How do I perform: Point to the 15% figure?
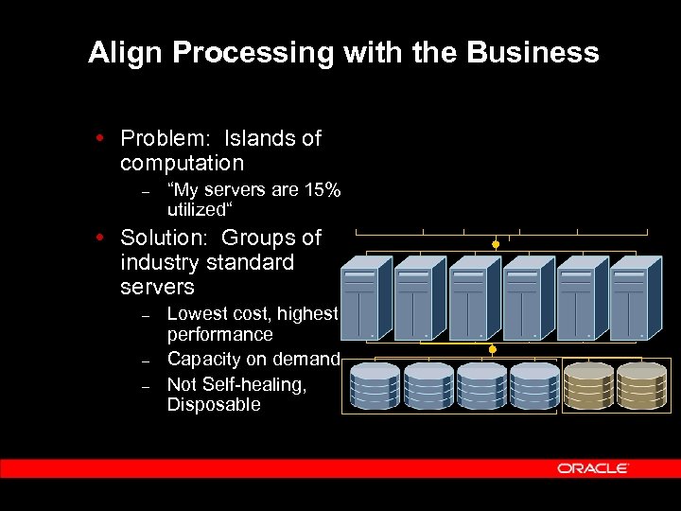click(x=323, y=189)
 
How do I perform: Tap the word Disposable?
click(x=214, y=405)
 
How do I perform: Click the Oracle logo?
click(x=593, y=468)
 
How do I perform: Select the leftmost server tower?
click(x=364, y=298)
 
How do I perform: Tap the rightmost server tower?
click(x=633, y=298)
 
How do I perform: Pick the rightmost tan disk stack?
click(x=641, y=386)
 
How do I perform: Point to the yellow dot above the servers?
click(x=496, y=244)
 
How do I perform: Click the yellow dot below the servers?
click(x=492, y=350)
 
